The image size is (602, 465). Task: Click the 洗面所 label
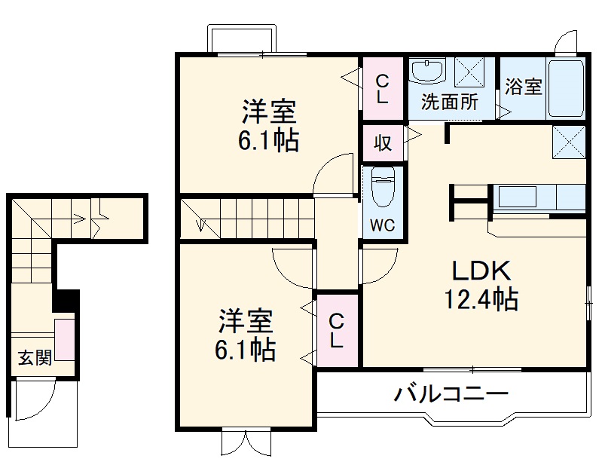[450, 102]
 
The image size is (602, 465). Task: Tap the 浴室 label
[524, 87]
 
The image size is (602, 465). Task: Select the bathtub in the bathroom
[566, 89]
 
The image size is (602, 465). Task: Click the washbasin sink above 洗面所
[428, 72]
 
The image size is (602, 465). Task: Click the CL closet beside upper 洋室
[383, 88]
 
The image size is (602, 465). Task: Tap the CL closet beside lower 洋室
[337, 330]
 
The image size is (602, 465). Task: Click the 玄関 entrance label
[35, 357]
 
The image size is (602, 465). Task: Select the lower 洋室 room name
[246, 322]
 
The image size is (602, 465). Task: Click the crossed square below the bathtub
[568, 140]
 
